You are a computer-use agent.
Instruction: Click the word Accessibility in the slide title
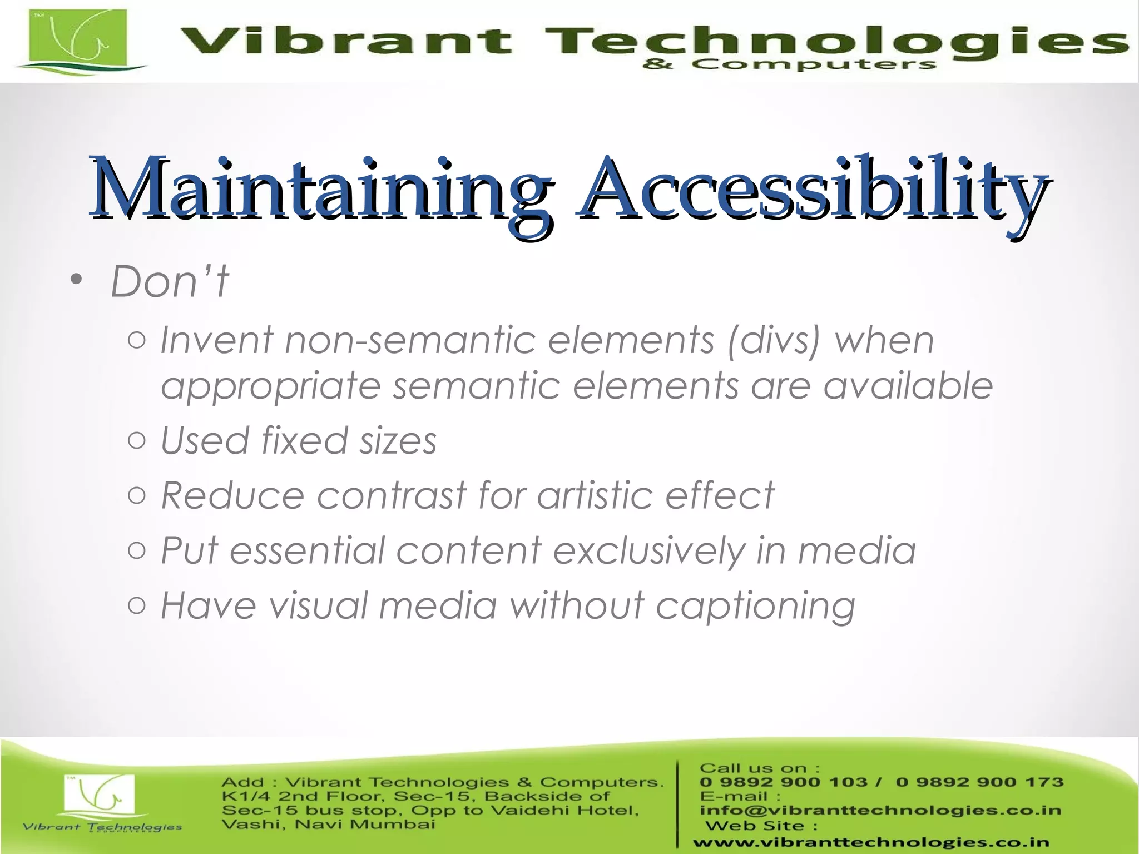(812, 190)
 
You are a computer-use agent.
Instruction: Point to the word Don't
(170, 281)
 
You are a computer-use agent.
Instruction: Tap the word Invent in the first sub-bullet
(217, 340)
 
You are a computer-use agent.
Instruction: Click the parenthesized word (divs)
(774, 341)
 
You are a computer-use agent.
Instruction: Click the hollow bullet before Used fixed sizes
(137, 440)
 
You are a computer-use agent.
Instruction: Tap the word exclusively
(648, 550)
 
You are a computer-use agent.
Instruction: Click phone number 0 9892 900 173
(979, 782)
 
